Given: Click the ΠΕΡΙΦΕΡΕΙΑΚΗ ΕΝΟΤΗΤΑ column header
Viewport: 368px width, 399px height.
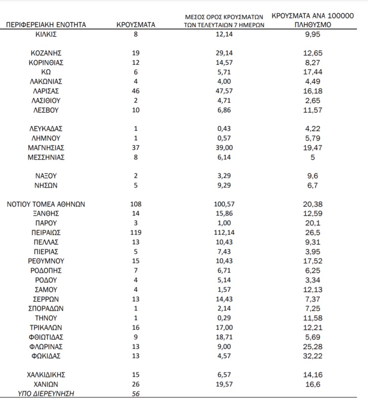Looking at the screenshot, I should (46, 25).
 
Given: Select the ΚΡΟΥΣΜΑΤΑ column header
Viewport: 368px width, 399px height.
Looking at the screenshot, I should (136, 25).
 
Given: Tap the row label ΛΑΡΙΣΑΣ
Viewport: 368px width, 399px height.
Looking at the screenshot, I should (46, 91).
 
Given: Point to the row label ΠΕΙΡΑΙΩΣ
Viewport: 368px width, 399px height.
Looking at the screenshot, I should (46, 233).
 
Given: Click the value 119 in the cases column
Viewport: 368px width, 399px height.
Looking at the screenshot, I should (136, 233).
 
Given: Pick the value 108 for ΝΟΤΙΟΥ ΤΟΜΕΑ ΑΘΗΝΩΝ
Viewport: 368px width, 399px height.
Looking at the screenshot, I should (136, 204).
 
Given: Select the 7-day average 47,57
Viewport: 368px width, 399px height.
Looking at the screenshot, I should (224, 91).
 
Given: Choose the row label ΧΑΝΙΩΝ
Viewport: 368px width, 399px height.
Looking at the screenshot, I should (46, 384).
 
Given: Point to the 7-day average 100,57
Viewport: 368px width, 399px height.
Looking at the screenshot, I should (224, 204).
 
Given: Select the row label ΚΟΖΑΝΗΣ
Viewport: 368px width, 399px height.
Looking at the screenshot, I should (46, 53).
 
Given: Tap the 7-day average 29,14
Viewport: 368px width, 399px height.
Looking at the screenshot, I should (224, 53).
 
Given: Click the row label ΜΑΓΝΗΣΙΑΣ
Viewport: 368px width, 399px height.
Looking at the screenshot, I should (46, 147).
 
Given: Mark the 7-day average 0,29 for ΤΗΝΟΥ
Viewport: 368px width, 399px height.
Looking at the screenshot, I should (224, 318).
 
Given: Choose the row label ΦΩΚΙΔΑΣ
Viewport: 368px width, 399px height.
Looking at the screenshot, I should (46, 356).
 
